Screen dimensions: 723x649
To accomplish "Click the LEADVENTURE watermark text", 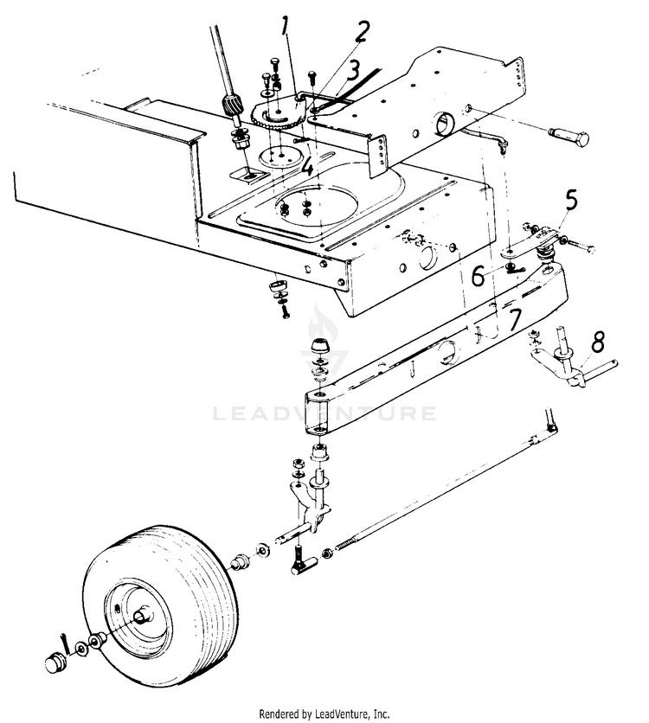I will coord(324,413).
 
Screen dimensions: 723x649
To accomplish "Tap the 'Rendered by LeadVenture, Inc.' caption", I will coord(324,713).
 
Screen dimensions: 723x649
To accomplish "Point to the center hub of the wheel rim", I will coord(140,619).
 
